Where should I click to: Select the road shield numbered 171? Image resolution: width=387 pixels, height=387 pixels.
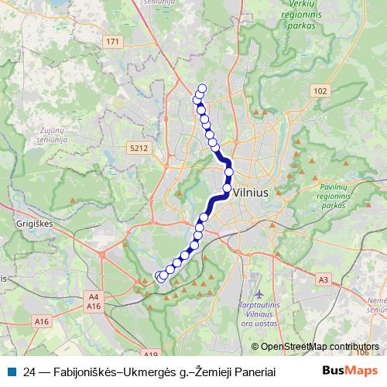[115, 41]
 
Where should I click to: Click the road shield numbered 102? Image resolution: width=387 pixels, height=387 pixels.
[320, 91]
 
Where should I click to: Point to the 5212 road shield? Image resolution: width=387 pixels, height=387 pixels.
[139, 147]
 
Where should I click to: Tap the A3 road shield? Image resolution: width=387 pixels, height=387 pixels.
[324, 279]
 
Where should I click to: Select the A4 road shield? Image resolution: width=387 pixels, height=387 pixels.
[94, 296]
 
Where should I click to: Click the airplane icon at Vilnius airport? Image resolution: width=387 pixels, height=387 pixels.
[259, 294]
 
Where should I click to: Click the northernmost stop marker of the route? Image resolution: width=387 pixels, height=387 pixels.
[203, 88]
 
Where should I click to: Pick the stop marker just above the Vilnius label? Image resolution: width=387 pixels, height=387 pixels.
[228, 187]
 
